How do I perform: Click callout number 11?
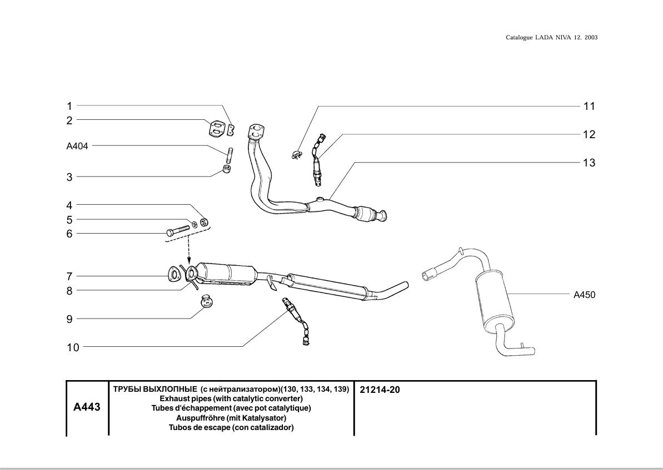(x=589, y=106)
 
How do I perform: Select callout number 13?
(x=589, y=163)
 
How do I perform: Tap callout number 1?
(x=69, y=106)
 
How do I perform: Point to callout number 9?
(x=69, y=319)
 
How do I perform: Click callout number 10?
(x=73, y=347)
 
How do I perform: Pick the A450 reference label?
(x=584, y=295)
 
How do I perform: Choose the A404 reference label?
(x=77, y=146)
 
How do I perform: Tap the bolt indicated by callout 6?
(x=178, y=230)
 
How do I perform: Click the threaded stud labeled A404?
(x=228, y=153)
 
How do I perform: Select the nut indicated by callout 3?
(x=227, y=169)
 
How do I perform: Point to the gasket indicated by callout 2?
(x=218, y=129)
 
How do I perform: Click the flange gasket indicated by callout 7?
(x=174, y=274)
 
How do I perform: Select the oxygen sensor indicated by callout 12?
(x=317, y=161)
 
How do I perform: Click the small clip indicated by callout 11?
(x=297, y=154)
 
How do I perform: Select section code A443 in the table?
(x=87, y=407)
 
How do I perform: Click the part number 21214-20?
(x=380, y=390)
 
